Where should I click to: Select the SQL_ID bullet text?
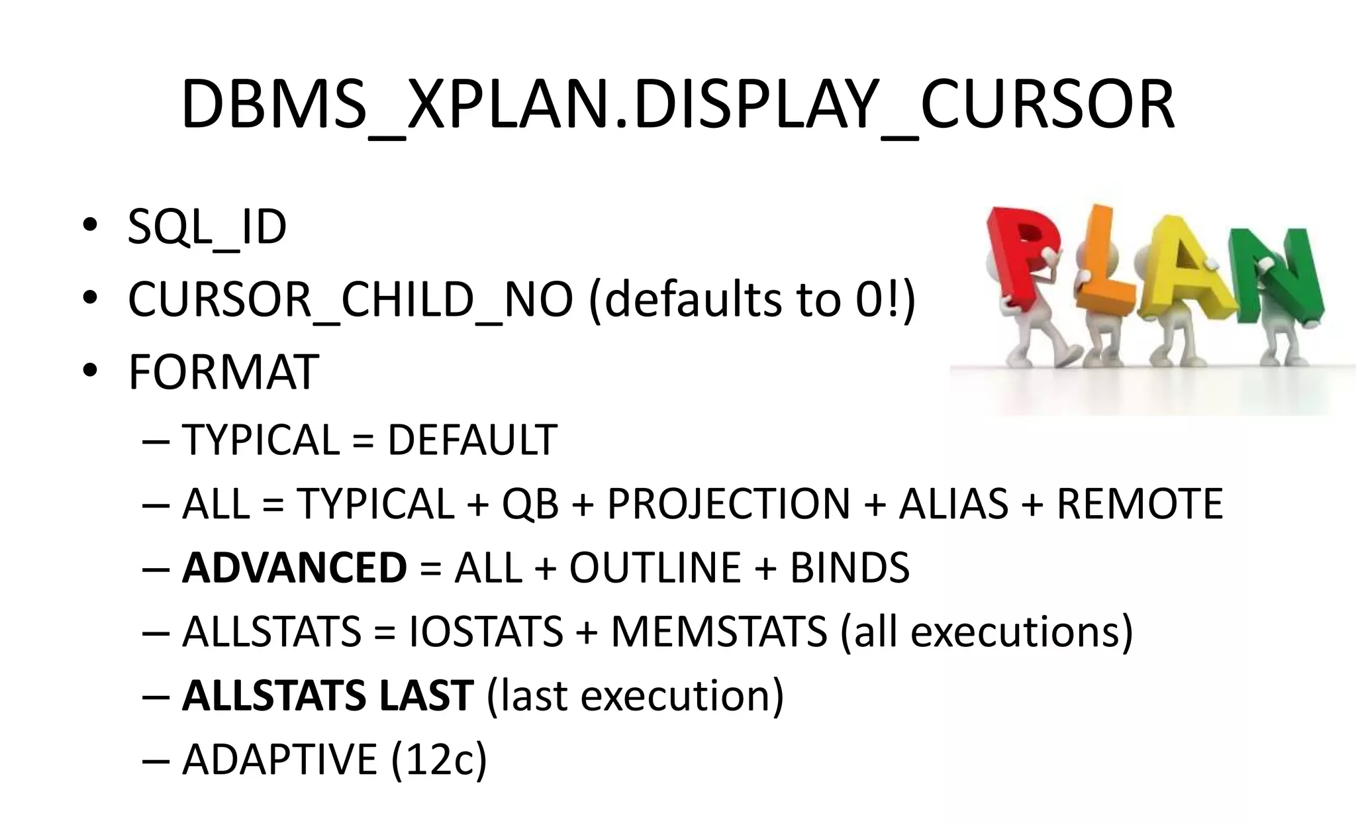(207, 227)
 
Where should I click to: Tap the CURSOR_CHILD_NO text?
(350, 299)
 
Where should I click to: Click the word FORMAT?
(223, 372)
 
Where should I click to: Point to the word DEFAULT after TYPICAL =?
(472, 440)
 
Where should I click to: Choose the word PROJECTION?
(728, 504)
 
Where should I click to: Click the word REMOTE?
(1139, 504)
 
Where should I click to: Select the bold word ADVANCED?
(294, 568)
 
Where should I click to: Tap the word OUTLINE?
(655, 568)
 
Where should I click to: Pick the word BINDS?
(849, 568)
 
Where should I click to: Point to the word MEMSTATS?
(719, 632)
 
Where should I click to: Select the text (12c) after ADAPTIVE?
(439, 759)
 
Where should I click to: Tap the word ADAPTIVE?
(279, 759)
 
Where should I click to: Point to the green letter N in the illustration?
(1275, 278)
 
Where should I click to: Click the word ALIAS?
(953, 504)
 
